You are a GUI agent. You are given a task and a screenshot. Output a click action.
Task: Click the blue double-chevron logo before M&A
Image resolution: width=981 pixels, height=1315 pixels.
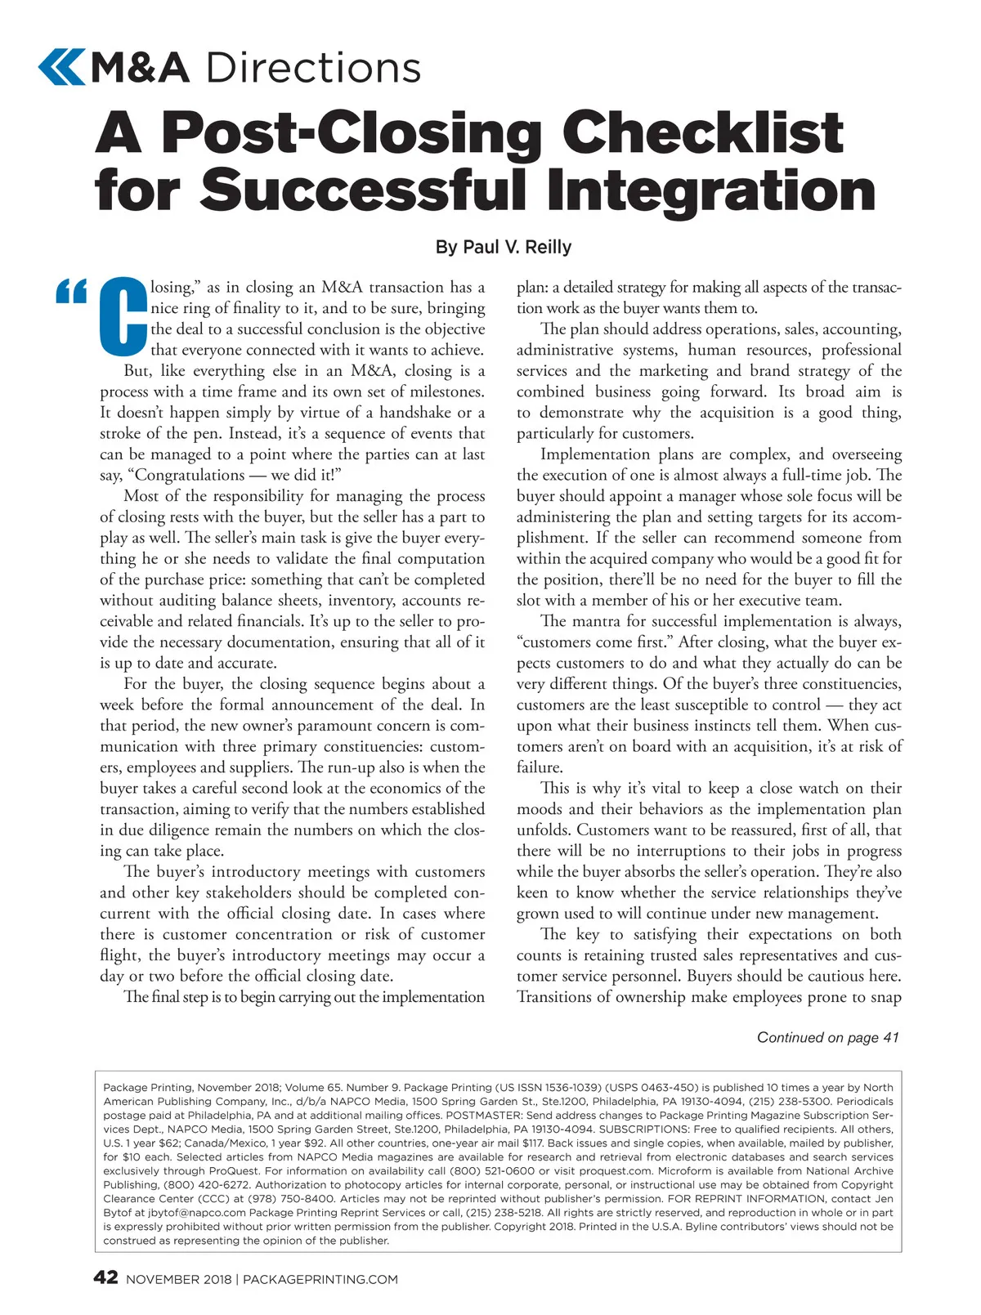pos(61,67)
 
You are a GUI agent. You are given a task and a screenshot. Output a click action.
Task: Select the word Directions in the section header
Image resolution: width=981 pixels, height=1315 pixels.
pos(314,67)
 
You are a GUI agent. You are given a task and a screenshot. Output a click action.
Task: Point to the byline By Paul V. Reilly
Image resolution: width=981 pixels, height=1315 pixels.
pos(504,247)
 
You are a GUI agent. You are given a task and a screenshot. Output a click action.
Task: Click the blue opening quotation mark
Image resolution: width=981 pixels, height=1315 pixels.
pos(72,292)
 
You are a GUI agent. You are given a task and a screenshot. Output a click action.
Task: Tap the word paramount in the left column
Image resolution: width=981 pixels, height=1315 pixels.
pos(314,726)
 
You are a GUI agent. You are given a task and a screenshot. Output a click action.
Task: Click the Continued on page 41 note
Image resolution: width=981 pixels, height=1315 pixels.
pos(827,1037)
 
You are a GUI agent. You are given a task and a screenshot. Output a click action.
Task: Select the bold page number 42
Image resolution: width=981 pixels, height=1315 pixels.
pos(106,1277)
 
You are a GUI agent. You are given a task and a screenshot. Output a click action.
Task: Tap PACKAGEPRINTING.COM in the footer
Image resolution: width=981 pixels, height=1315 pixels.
pos(320,1279)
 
